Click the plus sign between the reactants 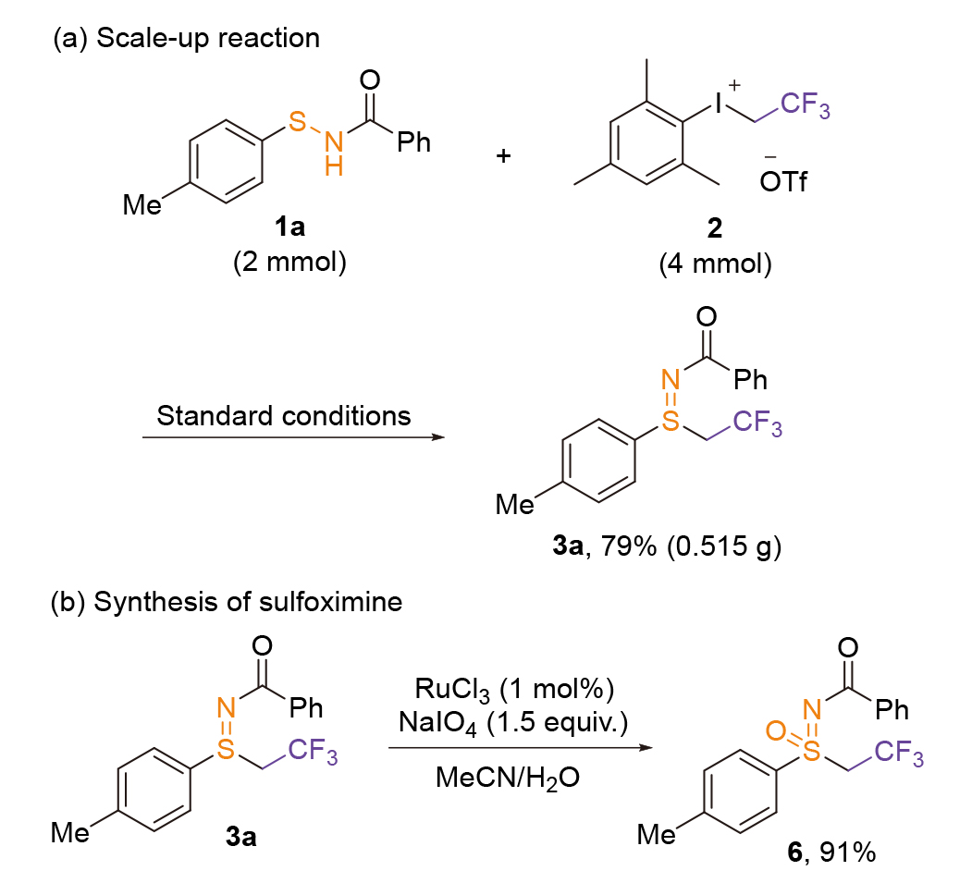503,154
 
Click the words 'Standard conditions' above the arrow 284,415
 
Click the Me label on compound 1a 141,205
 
